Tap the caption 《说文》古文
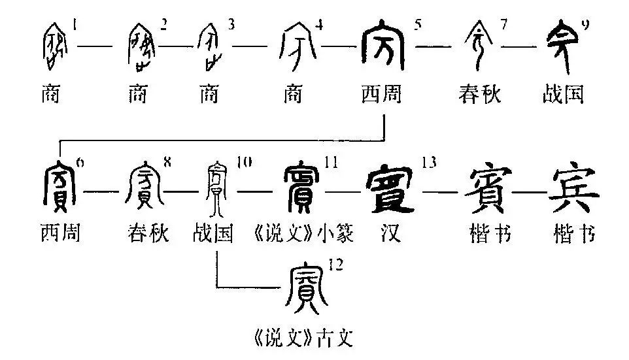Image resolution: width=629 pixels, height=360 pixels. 298,337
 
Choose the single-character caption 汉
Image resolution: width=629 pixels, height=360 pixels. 390,233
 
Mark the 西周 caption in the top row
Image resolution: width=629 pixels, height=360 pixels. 381,95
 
